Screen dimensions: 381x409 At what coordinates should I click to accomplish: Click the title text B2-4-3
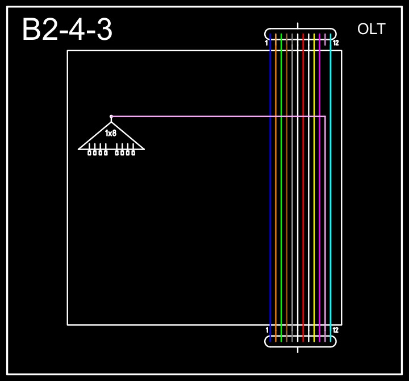coord(67,30)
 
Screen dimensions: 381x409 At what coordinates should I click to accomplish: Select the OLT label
coord(372,29)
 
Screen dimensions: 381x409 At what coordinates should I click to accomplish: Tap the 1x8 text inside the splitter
coord(111,133)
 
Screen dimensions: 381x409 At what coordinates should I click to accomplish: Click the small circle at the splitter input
coord(111,117)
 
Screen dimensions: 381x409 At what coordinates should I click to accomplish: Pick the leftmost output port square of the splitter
coord(90,152)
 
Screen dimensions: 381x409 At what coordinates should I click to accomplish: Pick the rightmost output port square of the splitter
coord(133,152)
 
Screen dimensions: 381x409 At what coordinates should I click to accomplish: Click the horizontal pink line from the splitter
coord(216,117)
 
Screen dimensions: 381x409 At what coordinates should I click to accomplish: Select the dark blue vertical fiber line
coord(270,199)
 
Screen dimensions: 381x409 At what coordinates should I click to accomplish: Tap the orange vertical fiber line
coord(276,199)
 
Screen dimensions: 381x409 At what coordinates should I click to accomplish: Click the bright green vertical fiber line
coord(281,199)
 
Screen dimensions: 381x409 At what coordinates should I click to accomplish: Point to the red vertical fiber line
coord(303,199)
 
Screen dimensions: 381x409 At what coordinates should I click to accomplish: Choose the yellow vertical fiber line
coord(314,199)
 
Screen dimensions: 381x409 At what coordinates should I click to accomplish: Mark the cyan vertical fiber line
coord(331,199)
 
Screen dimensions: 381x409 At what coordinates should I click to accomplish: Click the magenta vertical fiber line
coord(320,199)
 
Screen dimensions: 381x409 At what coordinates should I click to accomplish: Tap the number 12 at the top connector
coord(336,43)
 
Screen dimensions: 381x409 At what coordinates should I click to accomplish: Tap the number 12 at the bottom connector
coord(336,330)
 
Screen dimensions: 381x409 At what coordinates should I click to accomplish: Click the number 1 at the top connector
coord(266,43)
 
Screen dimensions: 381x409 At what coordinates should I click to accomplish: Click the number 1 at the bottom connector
coord(266,330)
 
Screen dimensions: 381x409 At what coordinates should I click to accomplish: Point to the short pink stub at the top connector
coord(325,39)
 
